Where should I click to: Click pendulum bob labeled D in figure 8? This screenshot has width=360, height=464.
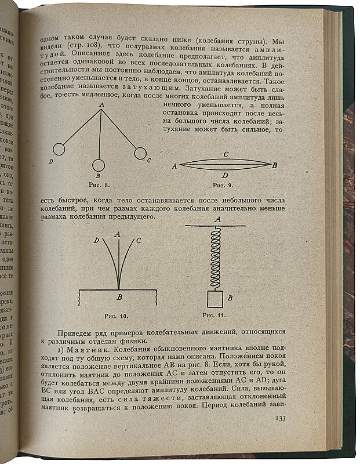pyautogui.click(x=58, y=149)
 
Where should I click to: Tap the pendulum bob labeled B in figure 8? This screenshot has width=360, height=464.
pyautogui.click(x=98, y=166)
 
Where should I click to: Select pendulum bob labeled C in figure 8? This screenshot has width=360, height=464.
pyautogui.click(x=140, y=153)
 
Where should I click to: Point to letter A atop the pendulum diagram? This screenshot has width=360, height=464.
pyautogui.click(x=101, y=104)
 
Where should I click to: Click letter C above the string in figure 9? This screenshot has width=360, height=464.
pyautogui.click(x=226, y=154)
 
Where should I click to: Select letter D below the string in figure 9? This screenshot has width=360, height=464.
pyautogui.click(x=225, y=174)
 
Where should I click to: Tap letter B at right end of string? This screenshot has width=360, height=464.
pyautogui.click(x=275, y=165)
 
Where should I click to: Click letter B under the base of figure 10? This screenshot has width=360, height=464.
pyautogui.click(x=119, y=297)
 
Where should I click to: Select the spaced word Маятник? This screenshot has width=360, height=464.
pyautogui.click(x=88, y=350)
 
